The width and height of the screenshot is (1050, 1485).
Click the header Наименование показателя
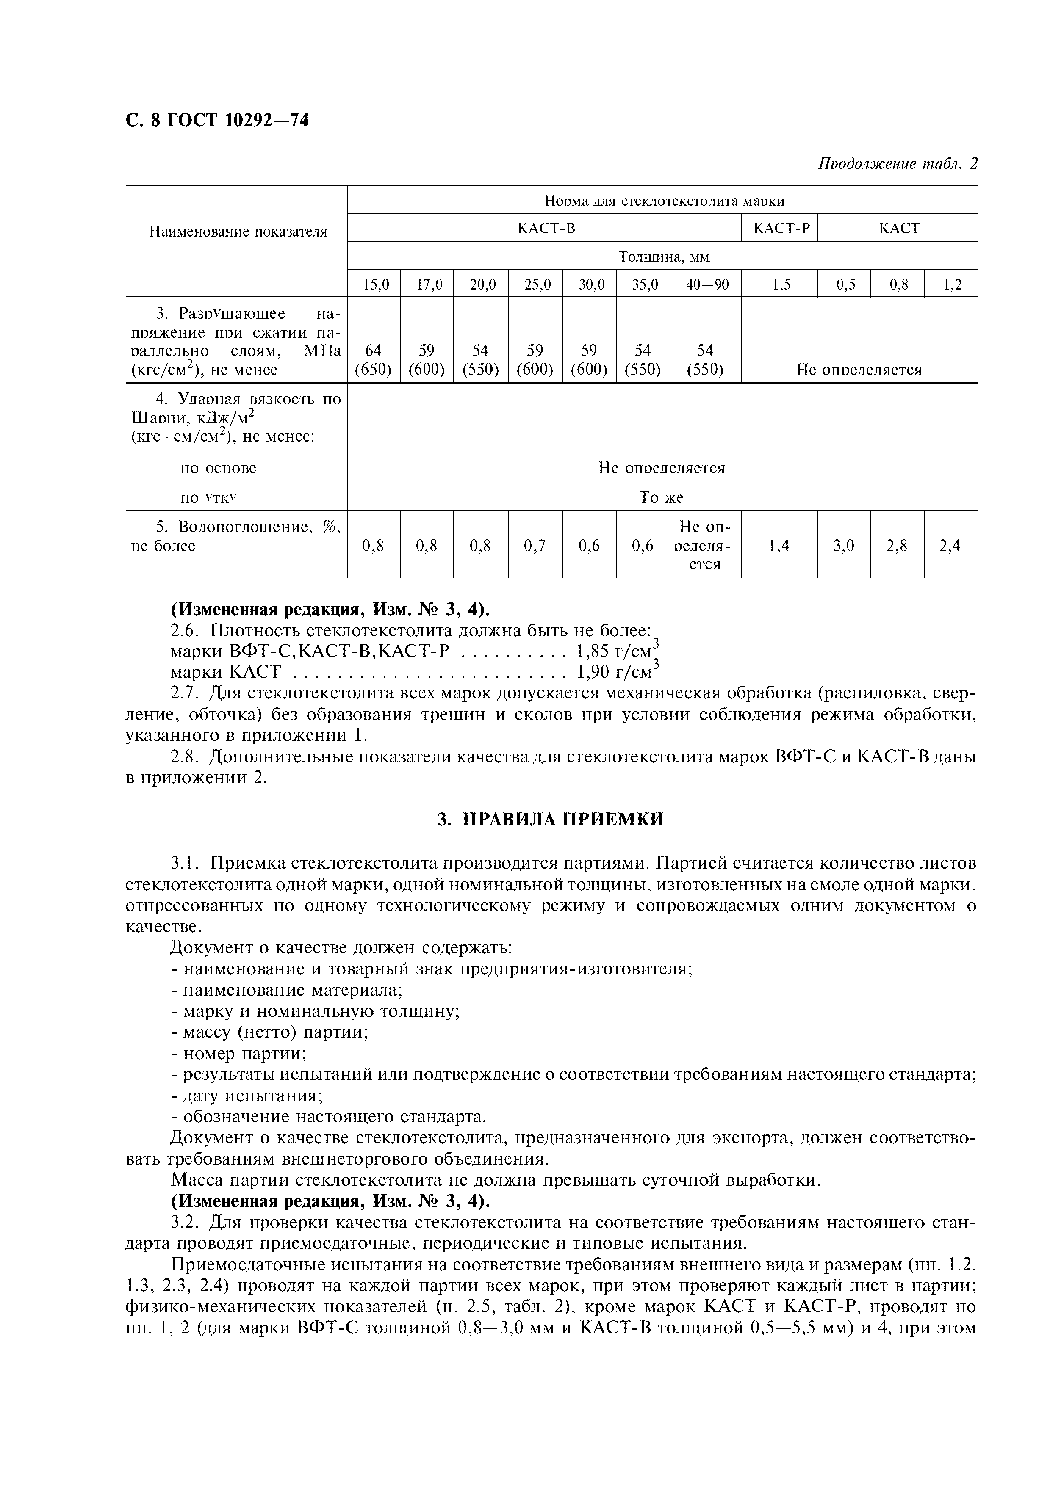click(238, 232)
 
